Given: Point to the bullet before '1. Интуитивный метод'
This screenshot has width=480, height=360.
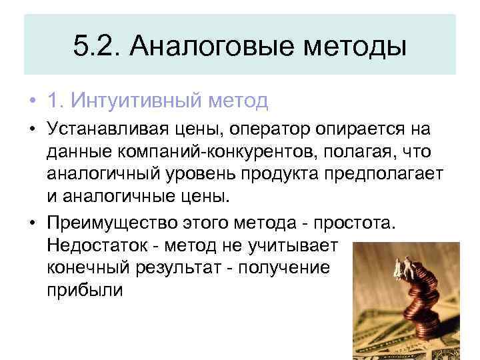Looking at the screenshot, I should pos(32,101).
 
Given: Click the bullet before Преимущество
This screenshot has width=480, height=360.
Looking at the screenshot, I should pos(32,223).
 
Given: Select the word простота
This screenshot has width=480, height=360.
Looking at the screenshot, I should pos(358,222).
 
